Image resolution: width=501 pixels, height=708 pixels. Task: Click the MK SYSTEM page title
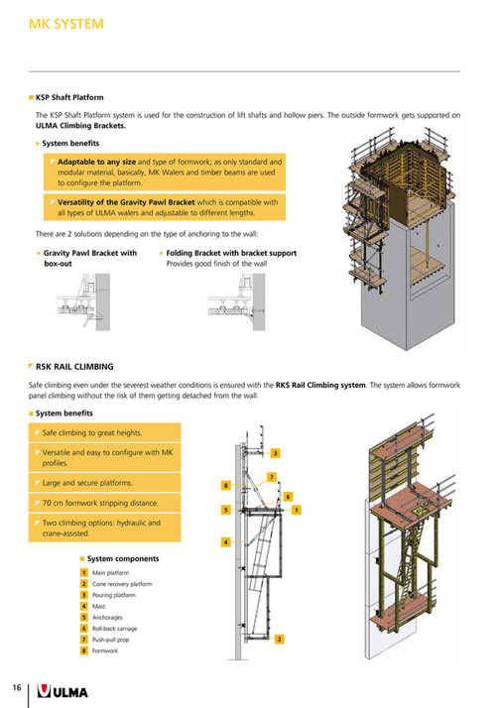click(64, 22)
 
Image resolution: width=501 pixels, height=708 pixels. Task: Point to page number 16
click(17, 687)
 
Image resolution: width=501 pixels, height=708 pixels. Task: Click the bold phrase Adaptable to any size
click(96, 161)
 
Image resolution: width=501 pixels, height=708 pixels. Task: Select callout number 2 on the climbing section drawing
click(280, 639)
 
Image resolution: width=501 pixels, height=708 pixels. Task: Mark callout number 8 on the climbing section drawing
click(226, 485)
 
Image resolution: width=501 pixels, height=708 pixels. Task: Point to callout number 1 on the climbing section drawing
click(296, 510)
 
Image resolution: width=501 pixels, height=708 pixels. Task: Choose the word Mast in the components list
click(99, 605)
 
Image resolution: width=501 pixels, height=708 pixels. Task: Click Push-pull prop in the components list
click(113, 640)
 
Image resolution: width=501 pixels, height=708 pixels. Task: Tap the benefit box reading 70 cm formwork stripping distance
click(101, 503)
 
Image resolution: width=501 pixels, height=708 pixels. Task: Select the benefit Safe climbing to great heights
click(92, 433)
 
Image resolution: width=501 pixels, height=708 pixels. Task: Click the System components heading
click(122, 558)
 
